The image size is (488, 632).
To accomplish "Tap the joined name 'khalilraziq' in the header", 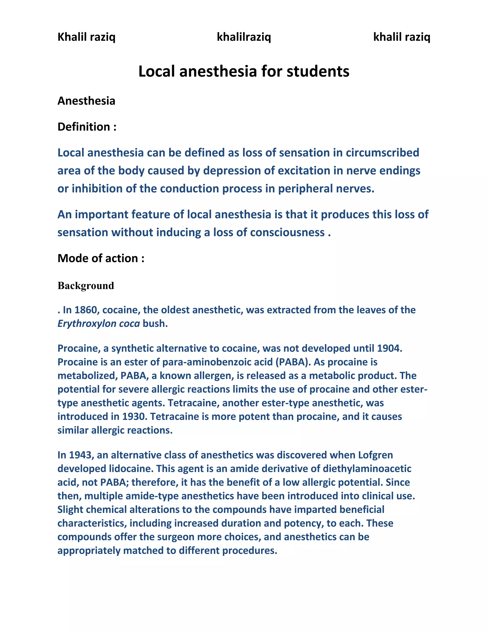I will pyautogui.click(x=244, y=37).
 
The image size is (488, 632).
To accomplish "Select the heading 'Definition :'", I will pyautogui.click(x=87, y=127).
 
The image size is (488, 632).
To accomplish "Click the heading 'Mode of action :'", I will pyautogui.click(x=101, y=258).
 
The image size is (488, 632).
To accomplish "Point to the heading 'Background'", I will pyautogui.click(x=86, y=286).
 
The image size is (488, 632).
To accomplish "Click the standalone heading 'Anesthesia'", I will pyautogui.click(x=86, y=101).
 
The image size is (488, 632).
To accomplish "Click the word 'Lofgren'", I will pyautogui.click(x=375, y=455).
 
